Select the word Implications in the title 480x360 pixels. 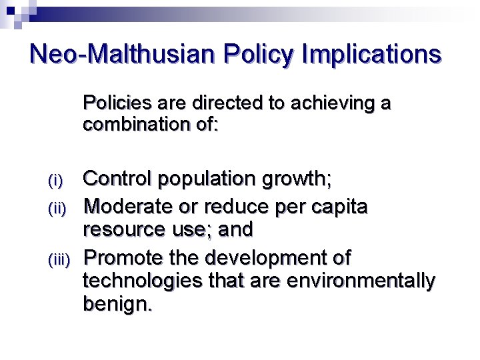point(371,54)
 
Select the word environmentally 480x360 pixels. point(361,281)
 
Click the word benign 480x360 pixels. point(116,306)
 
